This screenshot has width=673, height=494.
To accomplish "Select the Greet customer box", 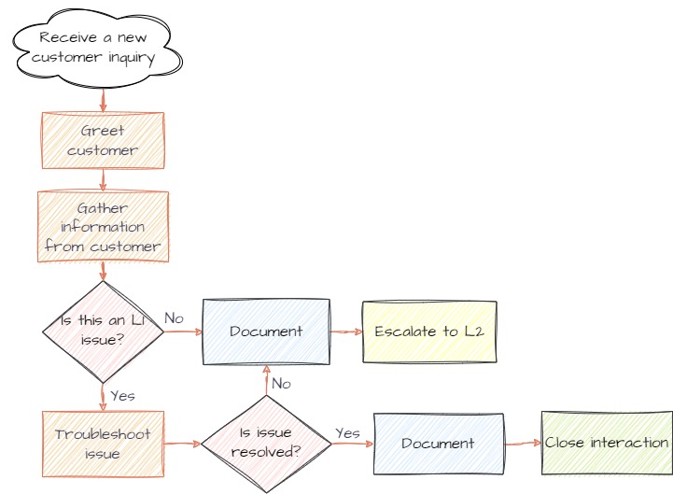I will click(103, 140).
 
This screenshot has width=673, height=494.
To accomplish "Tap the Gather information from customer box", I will click(103, 227).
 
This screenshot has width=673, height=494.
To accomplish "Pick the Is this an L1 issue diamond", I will click(103, 331).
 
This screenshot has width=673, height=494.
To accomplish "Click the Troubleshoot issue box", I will click(103, 444).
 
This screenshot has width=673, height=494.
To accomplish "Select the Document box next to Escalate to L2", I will click(266, 331).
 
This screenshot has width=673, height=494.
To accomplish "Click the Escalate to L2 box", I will click(429, 332).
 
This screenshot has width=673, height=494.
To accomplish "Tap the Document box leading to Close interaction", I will click(438, 444).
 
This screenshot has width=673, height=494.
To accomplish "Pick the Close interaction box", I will click(607, 443).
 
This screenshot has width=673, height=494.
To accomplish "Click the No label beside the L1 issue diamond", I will click(174, 318).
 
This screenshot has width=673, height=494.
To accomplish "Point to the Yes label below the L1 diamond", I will click(122, 395).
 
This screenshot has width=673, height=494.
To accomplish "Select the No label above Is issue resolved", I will click(281, 383).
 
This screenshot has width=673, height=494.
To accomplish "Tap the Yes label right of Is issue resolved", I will click(347, 432).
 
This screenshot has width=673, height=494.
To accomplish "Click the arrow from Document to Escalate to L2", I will click(345, 332).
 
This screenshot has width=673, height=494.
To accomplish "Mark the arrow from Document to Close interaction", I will click(522, 444).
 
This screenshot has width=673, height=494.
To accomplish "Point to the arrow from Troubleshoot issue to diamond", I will click(183, 444).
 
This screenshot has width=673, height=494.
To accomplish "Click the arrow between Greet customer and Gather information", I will click(103, 179).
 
